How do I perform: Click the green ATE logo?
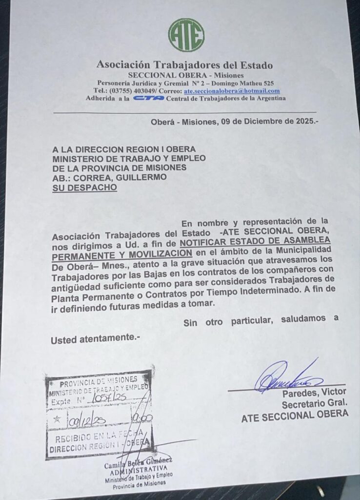tap(186, 35)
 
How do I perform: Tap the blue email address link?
tap(232, 91)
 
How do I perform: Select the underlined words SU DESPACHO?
tap(85, 187)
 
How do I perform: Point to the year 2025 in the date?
tap(303, 122)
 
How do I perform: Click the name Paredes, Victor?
tap(314, 392)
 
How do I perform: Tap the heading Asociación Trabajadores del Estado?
tap(184, 65)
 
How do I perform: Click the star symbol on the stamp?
tap(57, 418)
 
